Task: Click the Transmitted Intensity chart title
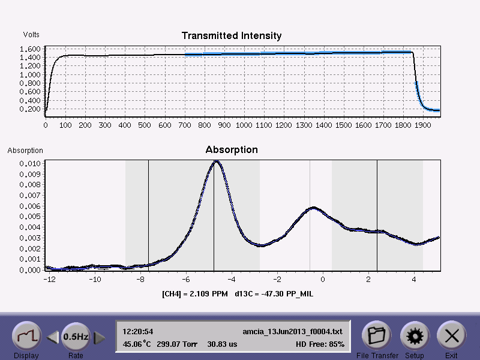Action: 231,36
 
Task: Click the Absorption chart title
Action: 232,149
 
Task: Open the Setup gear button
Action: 413,335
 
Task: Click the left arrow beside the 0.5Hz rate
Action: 53,338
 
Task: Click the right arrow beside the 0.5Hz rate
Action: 100,338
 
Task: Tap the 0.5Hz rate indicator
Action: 76,337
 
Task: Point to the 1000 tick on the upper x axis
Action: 244,125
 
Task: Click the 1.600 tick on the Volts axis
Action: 30,49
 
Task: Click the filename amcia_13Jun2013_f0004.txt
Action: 293,331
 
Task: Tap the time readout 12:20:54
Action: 138,331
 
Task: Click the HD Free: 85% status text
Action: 320,344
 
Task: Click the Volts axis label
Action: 31,35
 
